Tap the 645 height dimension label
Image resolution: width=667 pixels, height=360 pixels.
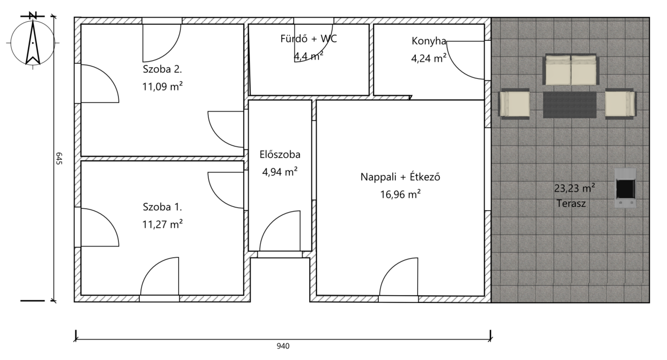click(x=59, y=159)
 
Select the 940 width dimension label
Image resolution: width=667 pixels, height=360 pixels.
click(x=283, y=346)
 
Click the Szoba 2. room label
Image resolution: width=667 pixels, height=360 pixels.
click(x=162, y=69)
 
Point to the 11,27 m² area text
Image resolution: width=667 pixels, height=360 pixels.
click(x=162, y=224)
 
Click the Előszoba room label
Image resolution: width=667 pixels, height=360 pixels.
click(x=280, y=154)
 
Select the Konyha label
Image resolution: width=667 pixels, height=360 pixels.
click(x=429, y=41)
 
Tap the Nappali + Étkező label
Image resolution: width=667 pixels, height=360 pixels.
click(x=400, y=177)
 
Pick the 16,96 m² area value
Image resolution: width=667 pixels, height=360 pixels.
click(x=400, y=194)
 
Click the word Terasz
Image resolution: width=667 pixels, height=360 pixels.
click(x=571, y=204)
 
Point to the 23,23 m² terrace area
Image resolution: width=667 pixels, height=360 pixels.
click(x=574, y=188)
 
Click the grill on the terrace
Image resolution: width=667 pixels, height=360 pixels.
click(x=625, y=187)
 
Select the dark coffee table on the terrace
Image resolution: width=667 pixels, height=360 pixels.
click(x=570, y=105)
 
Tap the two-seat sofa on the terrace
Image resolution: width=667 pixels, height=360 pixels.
click(x=571, y=69)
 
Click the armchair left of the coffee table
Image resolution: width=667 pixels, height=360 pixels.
click(x=514, y=104)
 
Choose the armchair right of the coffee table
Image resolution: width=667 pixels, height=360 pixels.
click(x=621, y=104)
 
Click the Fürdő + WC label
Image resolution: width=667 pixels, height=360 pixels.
click(x=309, y=39)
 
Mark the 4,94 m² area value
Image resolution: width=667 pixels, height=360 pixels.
click(x=280, y=172)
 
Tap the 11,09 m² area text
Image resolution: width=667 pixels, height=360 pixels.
click(x=162, y=87)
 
